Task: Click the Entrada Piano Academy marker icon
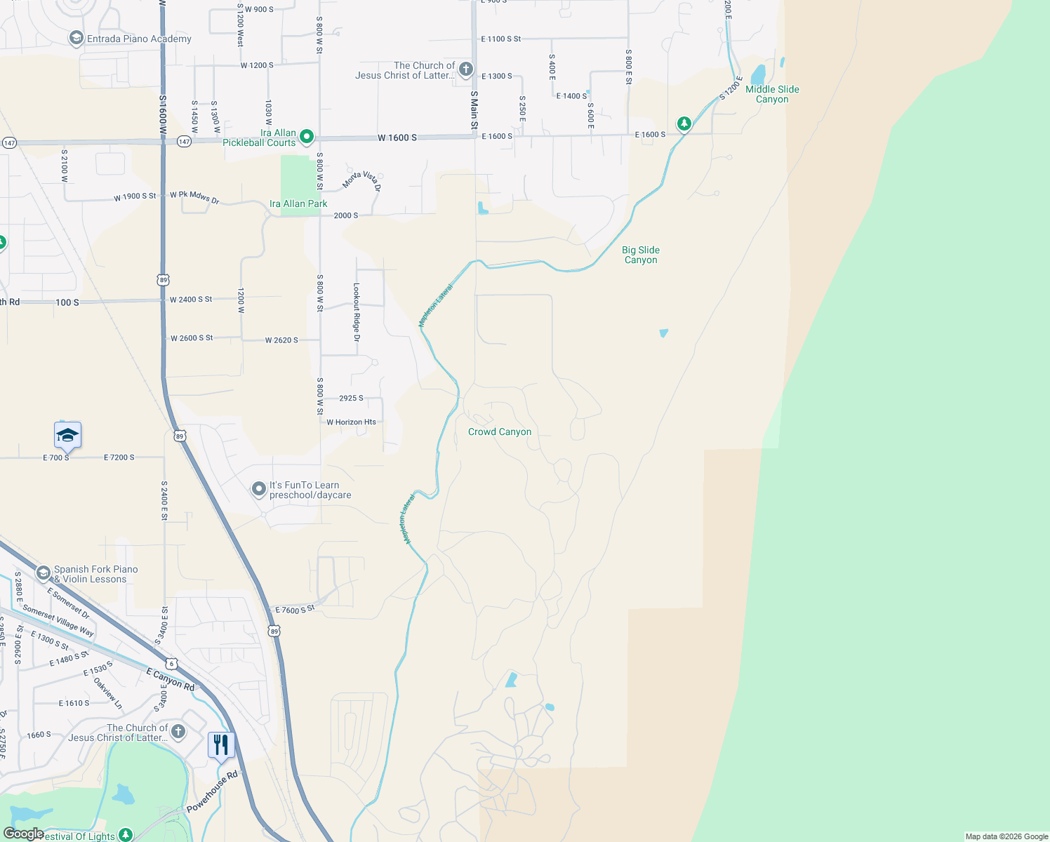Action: point(77,39)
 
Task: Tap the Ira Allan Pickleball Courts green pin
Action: point(306,136)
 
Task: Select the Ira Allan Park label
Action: point(298,203)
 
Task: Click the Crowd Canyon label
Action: point(500,432)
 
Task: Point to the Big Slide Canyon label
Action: point(640,255)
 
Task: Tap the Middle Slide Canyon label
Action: point(772,94)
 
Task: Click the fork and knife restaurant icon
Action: point(221,745)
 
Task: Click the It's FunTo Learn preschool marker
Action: point(259,488)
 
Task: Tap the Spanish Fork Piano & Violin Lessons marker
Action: point(44,574)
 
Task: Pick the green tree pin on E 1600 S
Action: point(684,124)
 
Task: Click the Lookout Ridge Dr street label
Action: point(357,312)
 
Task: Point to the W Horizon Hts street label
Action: point(351,422)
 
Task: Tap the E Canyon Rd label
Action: point(171,679)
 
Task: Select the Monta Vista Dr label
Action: point(362,180)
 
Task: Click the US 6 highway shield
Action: point(171,663)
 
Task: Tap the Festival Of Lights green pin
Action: point(126,834)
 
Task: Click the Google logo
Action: point(23,834)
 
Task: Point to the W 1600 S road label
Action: point(397,138)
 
